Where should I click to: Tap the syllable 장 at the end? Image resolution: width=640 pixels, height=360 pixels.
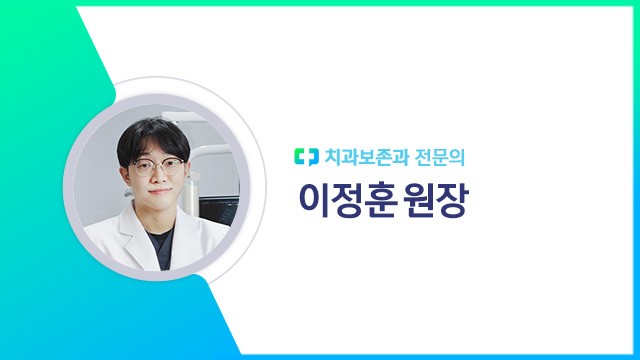pos(453,200)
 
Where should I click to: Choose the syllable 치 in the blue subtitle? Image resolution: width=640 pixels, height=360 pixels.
pos(332,156)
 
